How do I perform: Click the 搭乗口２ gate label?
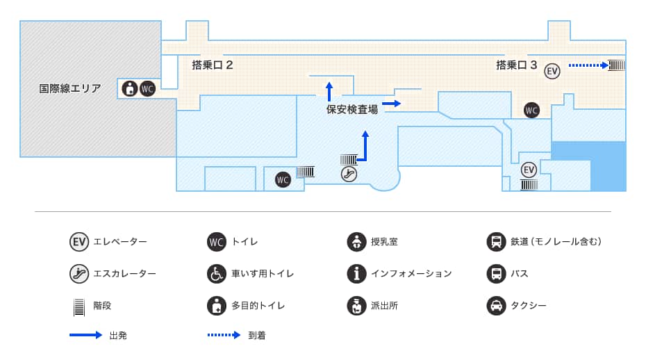click(x=212, y=65)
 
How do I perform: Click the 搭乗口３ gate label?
click(x=516, y=65)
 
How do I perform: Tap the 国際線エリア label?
click(x=70, y=88)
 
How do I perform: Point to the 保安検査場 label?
click(x=352, y=109)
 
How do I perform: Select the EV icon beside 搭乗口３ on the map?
click(x=552, y=70)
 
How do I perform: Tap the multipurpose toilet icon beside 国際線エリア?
click(x=129, y=89)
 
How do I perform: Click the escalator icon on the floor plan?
click(x=349, y=174)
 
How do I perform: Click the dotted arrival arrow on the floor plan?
click(x=588, y=65)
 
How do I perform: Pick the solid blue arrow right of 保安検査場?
click(x=392, y=104)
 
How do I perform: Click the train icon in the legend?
click(x=496, y=242)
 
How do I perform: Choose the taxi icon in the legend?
click(x=496, y=305)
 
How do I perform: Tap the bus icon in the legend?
click(x=496, y=273)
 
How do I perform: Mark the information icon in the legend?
click(x=356, y=273)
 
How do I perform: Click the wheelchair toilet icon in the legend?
click(x=217, y=273)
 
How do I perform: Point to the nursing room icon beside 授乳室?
click(x=356, y=242)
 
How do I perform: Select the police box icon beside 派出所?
click(x=356, y=305)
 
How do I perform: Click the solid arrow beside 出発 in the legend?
click(x=86, y=335)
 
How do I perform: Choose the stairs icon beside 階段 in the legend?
click(x=78, y=306)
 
